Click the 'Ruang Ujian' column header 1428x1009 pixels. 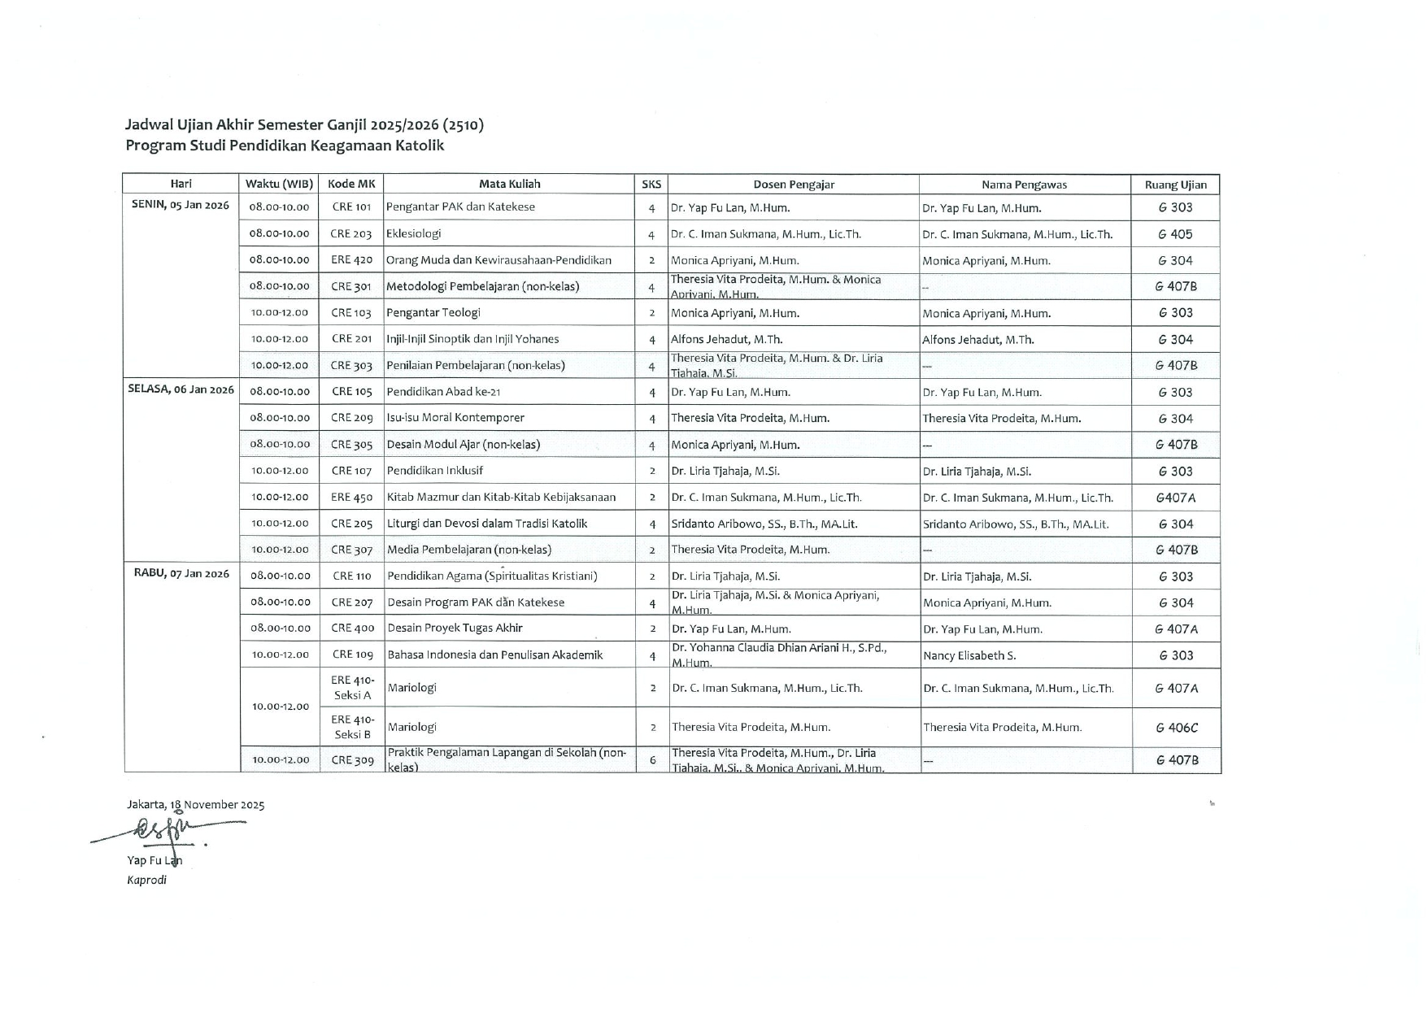(x=1175, y=185)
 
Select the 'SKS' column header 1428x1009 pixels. (x=651, y=185)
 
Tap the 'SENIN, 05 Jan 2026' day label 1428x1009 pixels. (x=181, y=205)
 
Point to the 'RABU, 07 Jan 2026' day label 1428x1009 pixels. (x=181, y=573)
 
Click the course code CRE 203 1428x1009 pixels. (x=351, y=234)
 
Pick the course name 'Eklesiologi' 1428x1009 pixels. (x=413, y=233)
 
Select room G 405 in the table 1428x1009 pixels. (x=1175, y=234)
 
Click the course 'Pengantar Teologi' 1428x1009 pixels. (x=433, y=312)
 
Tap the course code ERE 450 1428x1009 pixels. (x=351, y=497)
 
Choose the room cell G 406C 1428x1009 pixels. (x=1176, y=728)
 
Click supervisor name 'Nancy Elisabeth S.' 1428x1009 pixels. (x=969, y=655)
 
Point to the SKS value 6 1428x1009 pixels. (x=652, y=760)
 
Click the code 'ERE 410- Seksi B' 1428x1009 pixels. (x=352, y=727)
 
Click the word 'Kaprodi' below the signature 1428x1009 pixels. (x=146, y=880)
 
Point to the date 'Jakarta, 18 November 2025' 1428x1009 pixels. (x=195, y=805)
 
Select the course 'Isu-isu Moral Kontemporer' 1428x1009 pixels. (x=455, y=418)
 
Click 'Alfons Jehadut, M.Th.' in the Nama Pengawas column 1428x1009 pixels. (x=977, y=340)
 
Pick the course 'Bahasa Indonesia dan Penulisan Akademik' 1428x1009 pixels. (x=495, y=655)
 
